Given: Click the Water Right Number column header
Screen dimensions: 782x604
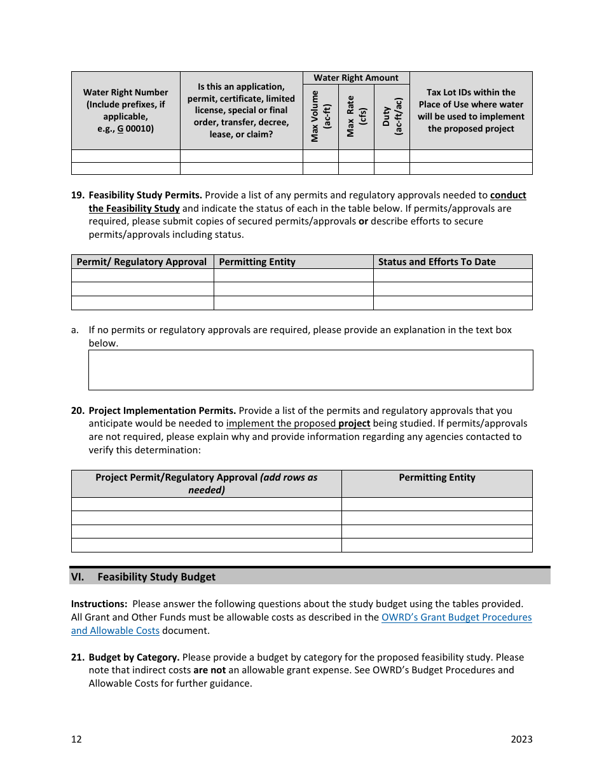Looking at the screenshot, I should [126, 110].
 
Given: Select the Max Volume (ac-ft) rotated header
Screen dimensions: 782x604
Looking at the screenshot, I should [320, 116].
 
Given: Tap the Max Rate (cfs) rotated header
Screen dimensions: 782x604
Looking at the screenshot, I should [356, 116].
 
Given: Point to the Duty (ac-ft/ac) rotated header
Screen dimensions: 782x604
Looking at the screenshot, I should [392, 116].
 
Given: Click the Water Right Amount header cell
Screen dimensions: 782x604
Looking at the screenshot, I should [356, 78].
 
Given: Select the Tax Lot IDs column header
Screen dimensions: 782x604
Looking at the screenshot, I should [470, 110].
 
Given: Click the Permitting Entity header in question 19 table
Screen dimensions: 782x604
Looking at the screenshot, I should [257, 262].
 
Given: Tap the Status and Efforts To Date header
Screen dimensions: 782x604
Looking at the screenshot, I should [437, 262].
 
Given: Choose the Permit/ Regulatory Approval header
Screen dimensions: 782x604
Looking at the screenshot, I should [142, 262].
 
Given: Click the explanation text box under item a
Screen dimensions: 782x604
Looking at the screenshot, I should [310, 370].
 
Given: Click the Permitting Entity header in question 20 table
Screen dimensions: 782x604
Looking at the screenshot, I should [437, 477].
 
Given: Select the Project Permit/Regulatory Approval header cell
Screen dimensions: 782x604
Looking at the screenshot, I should [206, 484].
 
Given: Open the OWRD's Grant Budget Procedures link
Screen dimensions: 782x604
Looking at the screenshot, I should [456, 617].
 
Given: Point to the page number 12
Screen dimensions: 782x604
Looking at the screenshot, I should [76, 739].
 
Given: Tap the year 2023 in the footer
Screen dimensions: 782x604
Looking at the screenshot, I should [521, 739].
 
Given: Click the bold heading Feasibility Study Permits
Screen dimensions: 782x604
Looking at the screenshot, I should [145, 195].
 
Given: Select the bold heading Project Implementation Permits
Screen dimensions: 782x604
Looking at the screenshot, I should [162, 411].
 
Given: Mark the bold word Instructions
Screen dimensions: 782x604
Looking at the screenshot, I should [99, 604].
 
